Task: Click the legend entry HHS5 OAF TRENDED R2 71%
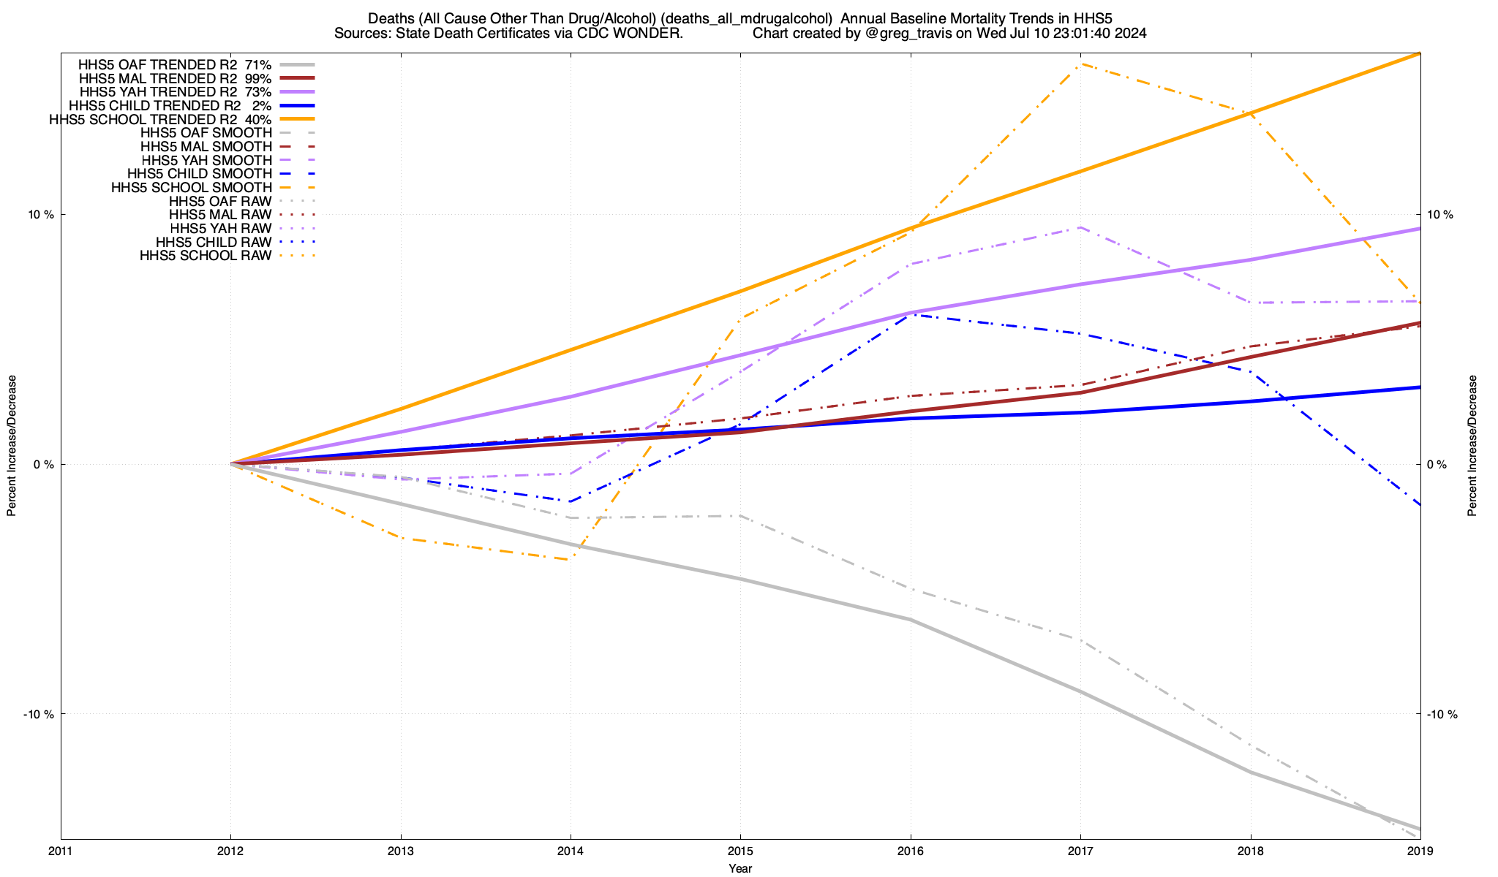point(175,64)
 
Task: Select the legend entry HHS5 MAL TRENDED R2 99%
point(175,78)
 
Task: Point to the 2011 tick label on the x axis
point(61,851)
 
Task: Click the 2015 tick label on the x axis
point(740,851)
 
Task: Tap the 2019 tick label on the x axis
point(1420,851)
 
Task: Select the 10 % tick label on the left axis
point(41,215)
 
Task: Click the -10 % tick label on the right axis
point(1442,714)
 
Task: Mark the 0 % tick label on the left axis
point(44,465)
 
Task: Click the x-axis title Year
point(740,868)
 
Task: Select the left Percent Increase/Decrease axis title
point(12,446)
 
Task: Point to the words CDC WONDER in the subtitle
point(637,33)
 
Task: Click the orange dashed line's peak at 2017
point(1080,64)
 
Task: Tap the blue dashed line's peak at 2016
point(911,314)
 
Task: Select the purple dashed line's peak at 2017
point(1080,227)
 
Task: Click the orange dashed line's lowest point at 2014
point(571,560)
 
